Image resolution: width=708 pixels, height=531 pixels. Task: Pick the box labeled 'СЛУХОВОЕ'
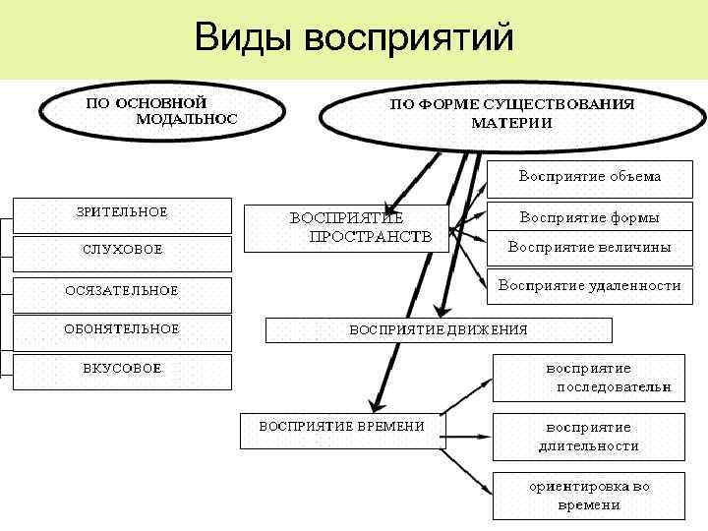coord(122,250)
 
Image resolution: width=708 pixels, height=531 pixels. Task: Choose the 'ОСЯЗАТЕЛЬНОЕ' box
coord(122,291)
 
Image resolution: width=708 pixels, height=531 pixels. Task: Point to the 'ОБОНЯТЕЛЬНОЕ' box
coord(122,330)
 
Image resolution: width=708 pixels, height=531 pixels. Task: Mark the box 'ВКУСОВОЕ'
coord(122,370)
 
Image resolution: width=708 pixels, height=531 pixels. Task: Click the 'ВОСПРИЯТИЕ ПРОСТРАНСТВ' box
coord(345,228)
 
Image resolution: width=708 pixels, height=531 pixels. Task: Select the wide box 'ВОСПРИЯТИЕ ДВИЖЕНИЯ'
coord(439,329)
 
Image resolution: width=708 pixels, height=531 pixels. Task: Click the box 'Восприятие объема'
coord(589,178)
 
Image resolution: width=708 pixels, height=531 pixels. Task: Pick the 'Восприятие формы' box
coord(589,217)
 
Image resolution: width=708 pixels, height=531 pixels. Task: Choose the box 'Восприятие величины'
coord(589,248)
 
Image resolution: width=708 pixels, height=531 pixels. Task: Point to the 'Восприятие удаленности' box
coord(589,286)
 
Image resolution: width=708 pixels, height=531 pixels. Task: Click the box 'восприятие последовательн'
coord(589,378)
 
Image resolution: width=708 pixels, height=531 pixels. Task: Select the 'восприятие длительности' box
coord(589,437)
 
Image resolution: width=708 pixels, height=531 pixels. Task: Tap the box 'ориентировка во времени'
coord(589,496)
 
